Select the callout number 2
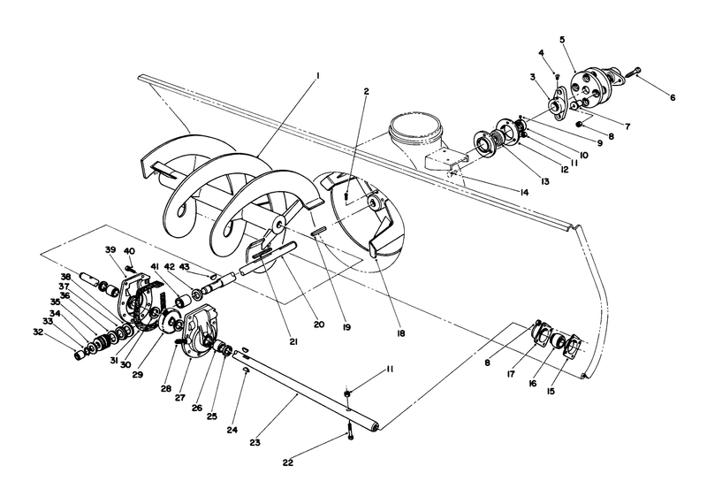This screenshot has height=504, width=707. [365, 90]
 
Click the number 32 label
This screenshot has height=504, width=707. [37, 332]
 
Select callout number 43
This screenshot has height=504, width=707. [184, 267]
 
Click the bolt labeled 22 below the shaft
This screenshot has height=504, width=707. [350, 434]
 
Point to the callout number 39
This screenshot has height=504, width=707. [111, 250]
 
